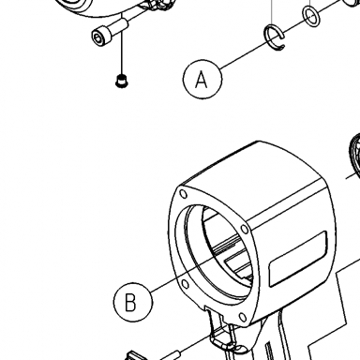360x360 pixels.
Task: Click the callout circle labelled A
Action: click(x=202, y=80)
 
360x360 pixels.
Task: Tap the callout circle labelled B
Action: click(x=133, y=302)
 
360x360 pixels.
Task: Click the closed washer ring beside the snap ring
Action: click(x=311, y=17)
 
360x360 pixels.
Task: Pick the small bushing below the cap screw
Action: click(x=122, y=81)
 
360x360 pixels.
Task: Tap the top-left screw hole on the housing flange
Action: click(x=184, y=194)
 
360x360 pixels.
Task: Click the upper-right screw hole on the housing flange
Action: click(x=245, y=230)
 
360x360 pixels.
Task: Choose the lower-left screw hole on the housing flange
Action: click(x=185, y=284)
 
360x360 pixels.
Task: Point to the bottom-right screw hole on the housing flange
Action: click(x=243, y=317)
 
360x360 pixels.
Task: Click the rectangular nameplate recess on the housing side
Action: click(x=298, y=259)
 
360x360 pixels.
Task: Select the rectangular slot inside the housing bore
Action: click(x=236, y=264)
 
